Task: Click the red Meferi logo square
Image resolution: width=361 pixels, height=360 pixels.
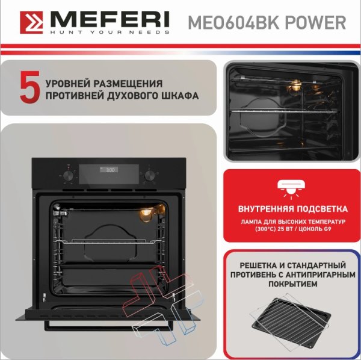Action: coord(31,22)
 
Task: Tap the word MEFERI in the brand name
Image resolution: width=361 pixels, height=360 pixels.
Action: coord(110,20)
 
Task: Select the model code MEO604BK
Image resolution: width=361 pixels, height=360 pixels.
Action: coord(234,22)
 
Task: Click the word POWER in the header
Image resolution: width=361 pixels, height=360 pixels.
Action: coord(315,22)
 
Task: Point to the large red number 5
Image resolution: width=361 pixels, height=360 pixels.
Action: coord(30,87)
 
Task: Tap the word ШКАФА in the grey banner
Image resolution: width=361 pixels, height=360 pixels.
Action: coord(180,96)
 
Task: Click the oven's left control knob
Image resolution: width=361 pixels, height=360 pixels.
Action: coord(69,176)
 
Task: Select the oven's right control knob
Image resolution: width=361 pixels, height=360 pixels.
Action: coord(150,176)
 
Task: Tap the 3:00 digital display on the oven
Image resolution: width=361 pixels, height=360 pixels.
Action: coord(109,170)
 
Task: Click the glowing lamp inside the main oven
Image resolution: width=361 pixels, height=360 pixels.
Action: coord(146,214)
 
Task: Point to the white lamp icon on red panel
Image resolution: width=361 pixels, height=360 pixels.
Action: coord(291,189)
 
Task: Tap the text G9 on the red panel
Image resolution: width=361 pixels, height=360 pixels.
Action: coord(327,229)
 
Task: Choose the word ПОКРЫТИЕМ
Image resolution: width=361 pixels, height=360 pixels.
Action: coord(293,284)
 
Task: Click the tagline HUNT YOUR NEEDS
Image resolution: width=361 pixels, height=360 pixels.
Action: coord(110,32)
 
